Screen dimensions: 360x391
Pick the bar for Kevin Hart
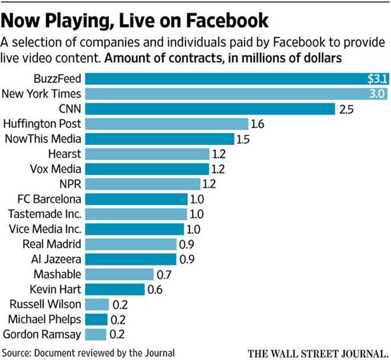[x=116, y=289]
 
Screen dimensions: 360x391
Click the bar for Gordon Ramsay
[x=98, y=334]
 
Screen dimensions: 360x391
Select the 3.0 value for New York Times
[x=377, y=94]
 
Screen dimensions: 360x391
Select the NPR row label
[x=70, y=183]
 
